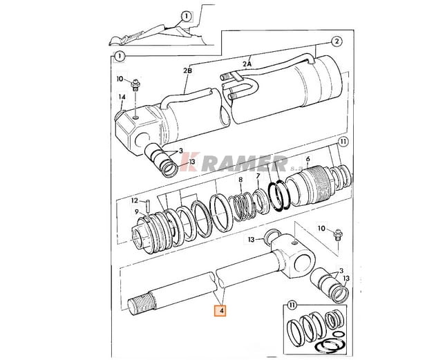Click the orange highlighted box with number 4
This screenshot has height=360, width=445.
click(x=220, y=310)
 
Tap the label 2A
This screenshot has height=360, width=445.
click(x=247, y=64)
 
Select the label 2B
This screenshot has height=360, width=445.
click(x=187, y=70)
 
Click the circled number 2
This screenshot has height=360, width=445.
click(x=337, y=41)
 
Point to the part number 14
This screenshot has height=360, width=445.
click(x=122, y=97)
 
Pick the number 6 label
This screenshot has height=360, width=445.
click(x=308, y=159)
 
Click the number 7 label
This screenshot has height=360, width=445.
click(x=258, y=176)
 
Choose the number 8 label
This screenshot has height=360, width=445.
click(x=240, y=180)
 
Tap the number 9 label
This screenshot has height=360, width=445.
click(x=137, y=211)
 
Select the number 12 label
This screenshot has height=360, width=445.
click(x=135, y=200)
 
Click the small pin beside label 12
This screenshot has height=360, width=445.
click(x=148, y=205)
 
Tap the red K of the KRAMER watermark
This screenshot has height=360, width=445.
click(x=188, y=162)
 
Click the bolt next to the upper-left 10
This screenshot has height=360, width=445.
click(x=135, y=84)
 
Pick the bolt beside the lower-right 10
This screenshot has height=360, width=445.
click(x=339, y=235)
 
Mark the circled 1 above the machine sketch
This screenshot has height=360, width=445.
click(x=186, y=16)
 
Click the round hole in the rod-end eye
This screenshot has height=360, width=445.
click(x=303, y=263)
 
